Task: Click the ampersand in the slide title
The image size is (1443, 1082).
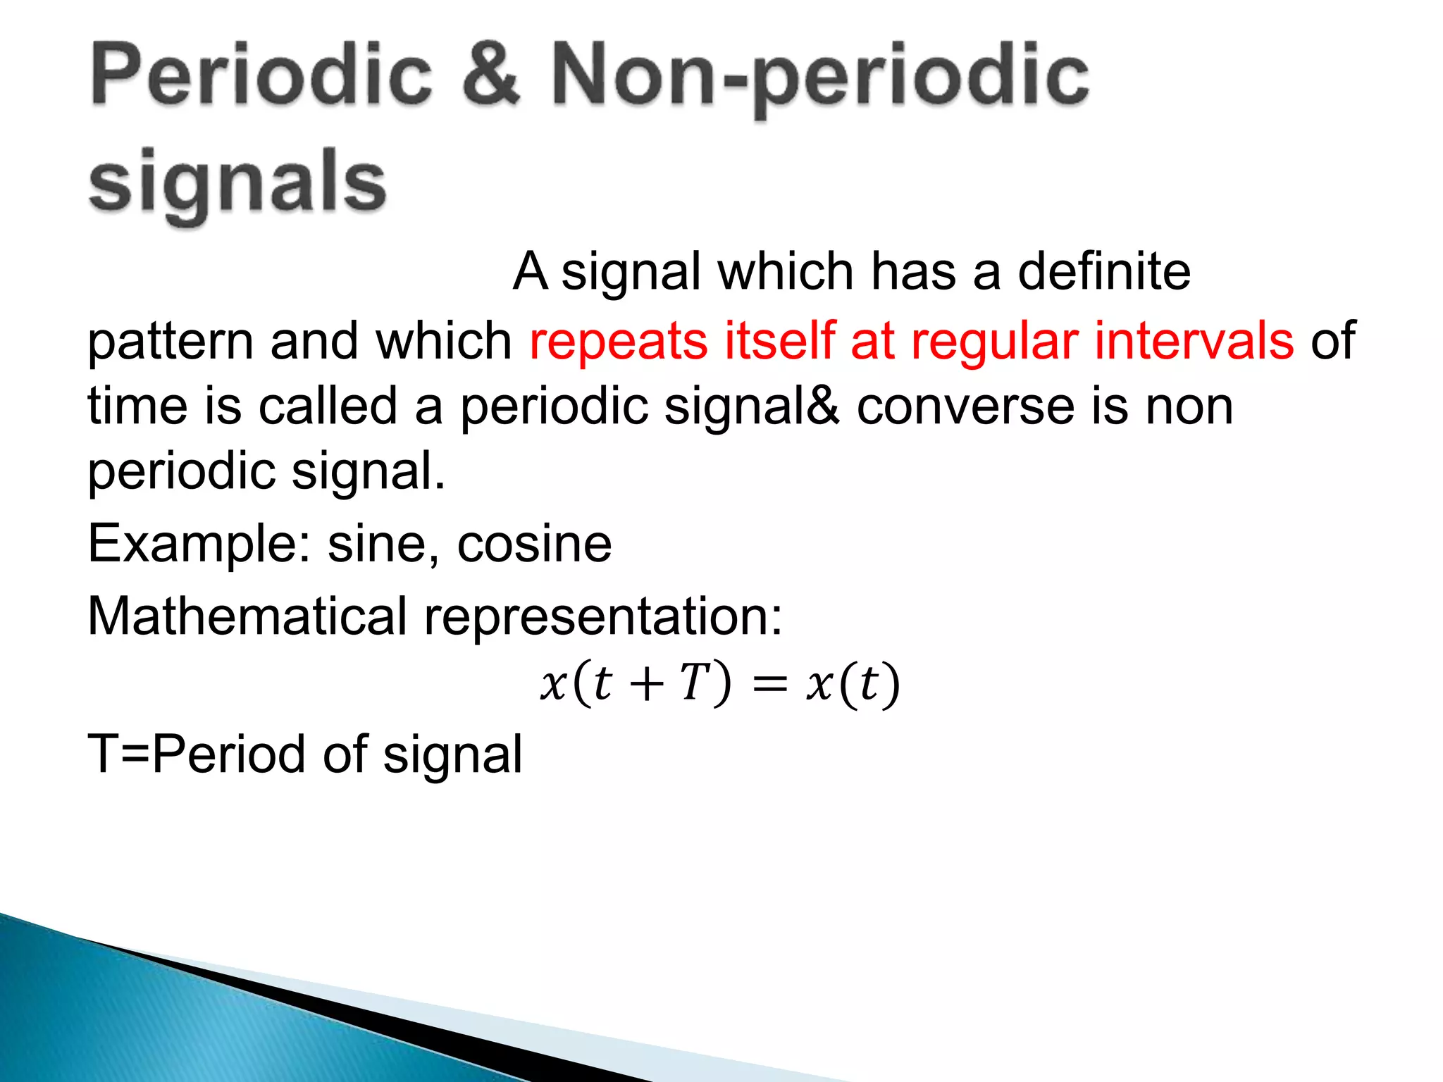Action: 491,75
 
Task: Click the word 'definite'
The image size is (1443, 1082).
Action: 1104,271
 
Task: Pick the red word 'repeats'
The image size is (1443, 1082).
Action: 618,342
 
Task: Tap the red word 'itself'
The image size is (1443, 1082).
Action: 779,340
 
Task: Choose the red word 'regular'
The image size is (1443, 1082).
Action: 994,342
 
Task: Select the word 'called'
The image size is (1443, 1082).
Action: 328,406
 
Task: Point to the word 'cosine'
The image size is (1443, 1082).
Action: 534,544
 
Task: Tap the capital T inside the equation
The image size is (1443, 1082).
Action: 695,683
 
